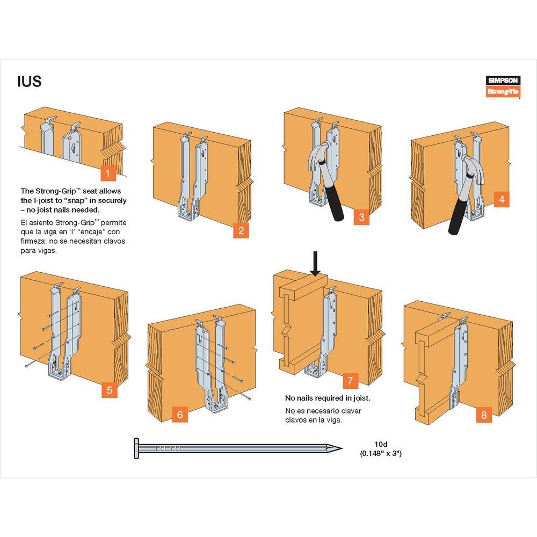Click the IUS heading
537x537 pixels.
(29, 82)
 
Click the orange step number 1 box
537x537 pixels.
(108, 173)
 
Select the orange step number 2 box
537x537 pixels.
(241, 231)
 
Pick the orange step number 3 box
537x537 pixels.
(361, 217)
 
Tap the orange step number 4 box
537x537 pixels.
(502, 200)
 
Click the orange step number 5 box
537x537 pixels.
(109, 390)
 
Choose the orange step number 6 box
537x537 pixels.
(180, 415)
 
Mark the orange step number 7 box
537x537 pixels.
(350, 381)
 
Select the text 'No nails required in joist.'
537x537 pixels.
(328, 398)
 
